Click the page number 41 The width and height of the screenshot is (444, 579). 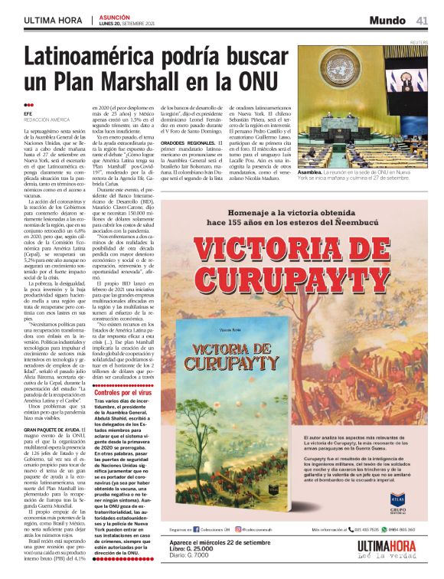[x=422, y=20]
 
